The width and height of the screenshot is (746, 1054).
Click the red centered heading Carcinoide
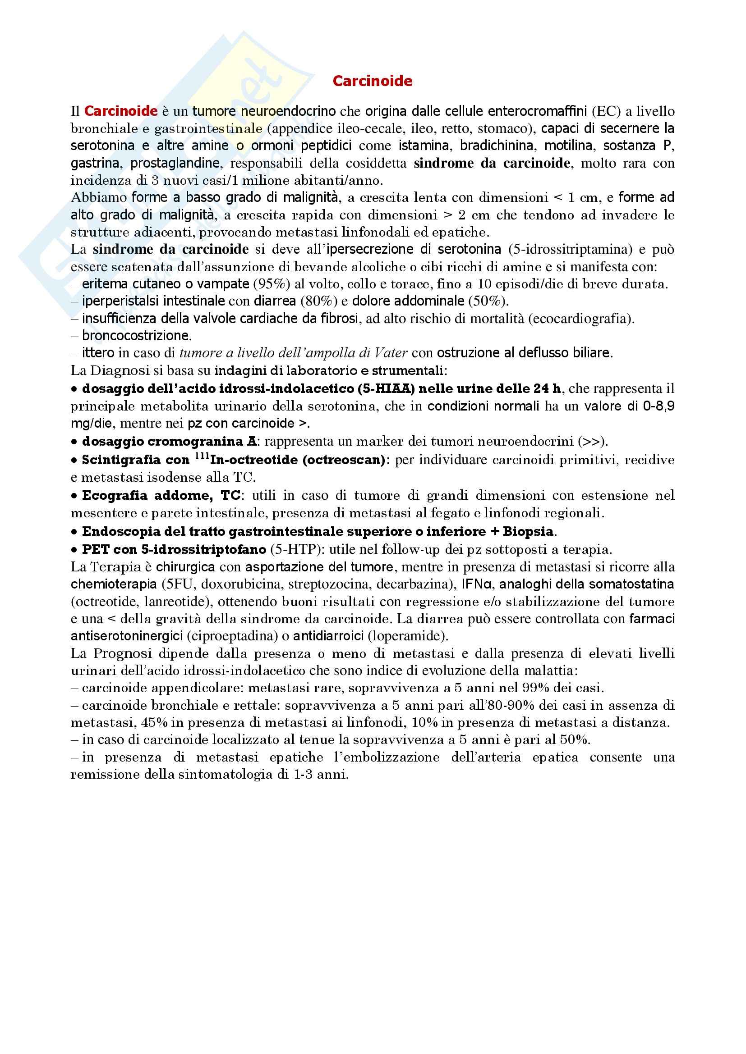pyautogui.click(x=373, y=81)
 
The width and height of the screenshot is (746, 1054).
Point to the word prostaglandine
pyautogui.click(x=176, y=163)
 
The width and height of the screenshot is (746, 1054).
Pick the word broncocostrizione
pyautogui.click(x=137, y=336)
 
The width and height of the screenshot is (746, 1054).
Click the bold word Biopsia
pyautogui.click(x=529, y=532)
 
